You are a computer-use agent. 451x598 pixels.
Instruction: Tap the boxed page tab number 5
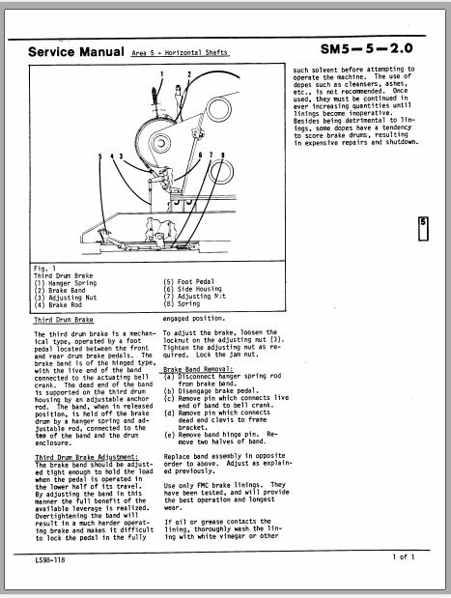(423, 227)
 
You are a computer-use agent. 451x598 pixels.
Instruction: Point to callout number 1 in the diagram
(162, 73)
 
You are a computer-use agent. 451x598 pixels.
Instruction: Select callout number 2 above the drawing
(188, 73)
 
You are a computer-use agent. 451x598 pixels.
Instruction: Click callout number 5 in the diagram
(99, 155)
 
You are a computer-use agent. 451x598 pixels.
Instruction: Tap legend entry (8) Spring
(183, 303)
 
